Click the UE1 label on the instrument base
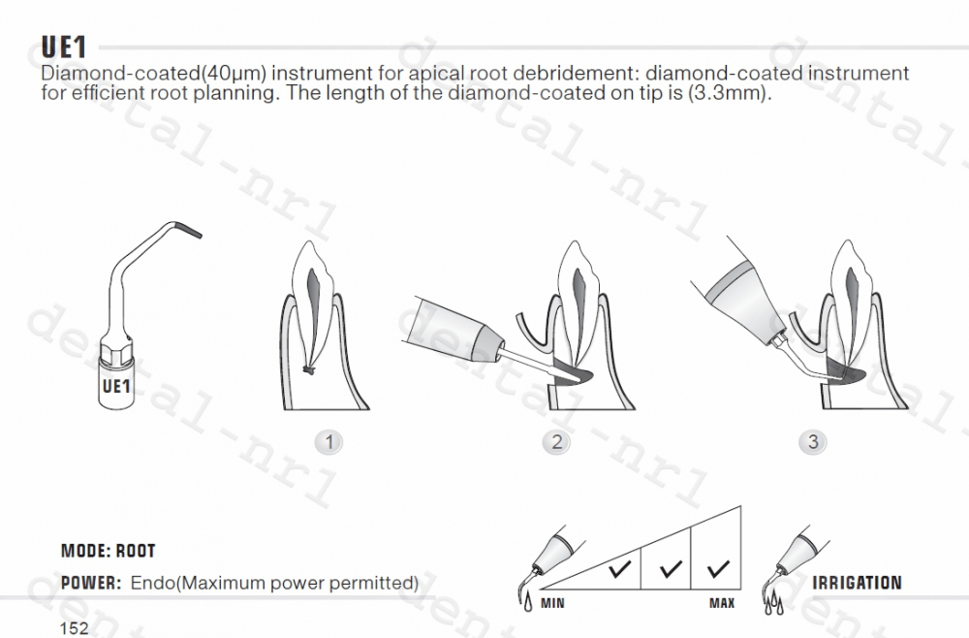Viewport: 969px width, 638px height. coord(115,387)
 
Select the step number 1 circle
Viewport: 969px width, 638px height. coord(330,442)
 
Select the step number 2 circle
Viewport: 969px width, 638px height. coord(556,442)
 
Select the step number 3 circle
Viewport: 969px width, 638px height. coord(812,442)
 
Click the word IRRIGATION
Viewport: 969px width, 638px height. coord(857,583)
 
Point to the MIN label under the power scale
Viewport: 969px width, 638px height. coord(552,604)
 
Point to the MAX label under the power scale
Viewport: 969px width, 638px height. coord(722,604)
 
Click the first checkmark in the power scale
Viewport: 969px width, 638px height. coord(620,570)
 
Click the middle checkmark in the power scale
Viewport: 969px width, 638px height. coord(670,569)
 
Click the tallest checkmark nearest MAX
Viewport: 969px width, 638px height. coord(718,568)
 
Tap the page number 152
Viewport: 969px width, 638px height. coord(74,627)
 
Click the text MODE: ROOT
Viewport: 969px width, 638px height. coord(108,551)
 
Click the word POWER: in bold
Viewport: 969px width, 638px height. coord(90,583)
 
